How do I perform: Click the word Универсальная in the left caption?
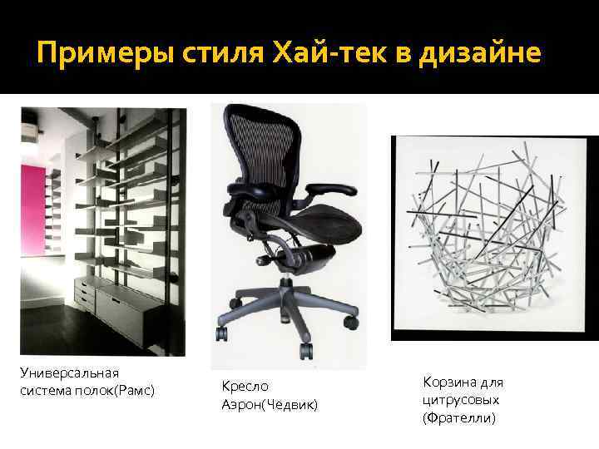tap(70, 373)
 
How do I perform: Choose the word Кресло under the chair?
tap(245, 387)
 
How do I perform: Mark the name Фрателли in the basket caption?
tap(460, 417)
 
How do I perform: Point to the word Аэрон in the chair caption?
tap(240, 404)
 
